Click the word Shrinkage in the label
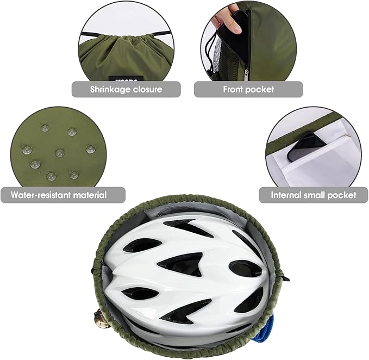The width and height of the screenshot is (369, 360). click(x=110, y=90)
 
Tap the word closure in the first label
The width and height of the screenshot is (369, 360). click(x=148, y=89)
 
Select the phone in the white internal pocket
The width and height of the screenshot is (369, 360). click(x=306, y=147)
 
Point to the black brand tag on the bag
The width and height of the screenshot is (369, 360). click(x=126, y=79)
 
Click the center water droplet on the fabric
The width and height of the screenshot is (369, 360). click(x=60, y=153)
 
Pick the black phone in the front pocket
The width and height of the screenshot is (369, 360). click(x=236, y=35)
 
